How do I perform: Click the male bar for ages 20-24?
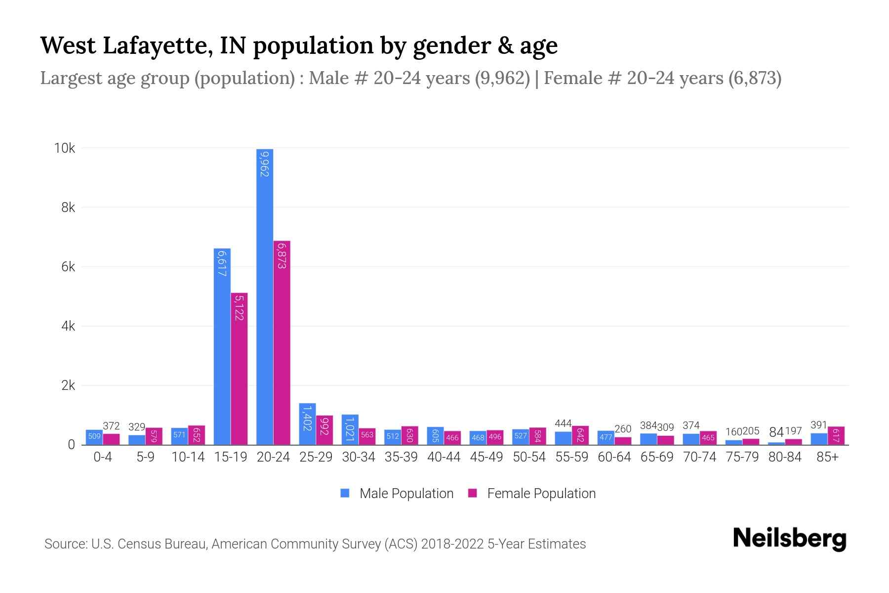pyautogui.click(x=265, y=296)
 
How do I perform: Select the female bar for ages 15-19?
pyautogui.click(x=239, y=368)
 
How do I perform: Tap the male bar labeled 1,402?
pyautogui.click(x=307, y=424)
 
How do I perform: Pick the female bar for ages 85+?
pyautogui.click(x=836, y=435)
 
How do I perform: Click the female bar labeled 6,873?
pyautogui.click(x=282, y=342)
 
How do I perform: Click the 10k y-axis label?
pyautogui.click(x=65, y=148)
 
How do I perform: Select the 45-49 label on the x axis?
pyautogui.click(x=486, y=457)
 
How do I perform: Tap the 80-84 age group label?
pyautogui.click(x=785, y=457)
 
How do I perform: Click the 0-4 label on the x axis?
pyautogui.click(x=103, y=457)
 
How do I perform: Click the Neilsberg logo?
pyautogui.click(x=789, y=539)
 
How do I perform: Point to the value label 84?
pyautogui.click(x=776, y=432)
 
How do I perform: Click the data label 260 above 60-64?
pyautogui.click(x=623, y=429)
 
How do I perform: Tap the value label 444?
pyautogui.click(x=563, y=424)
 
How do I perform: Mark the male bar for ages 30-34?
pyautogui.click(x=350, y=429)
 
